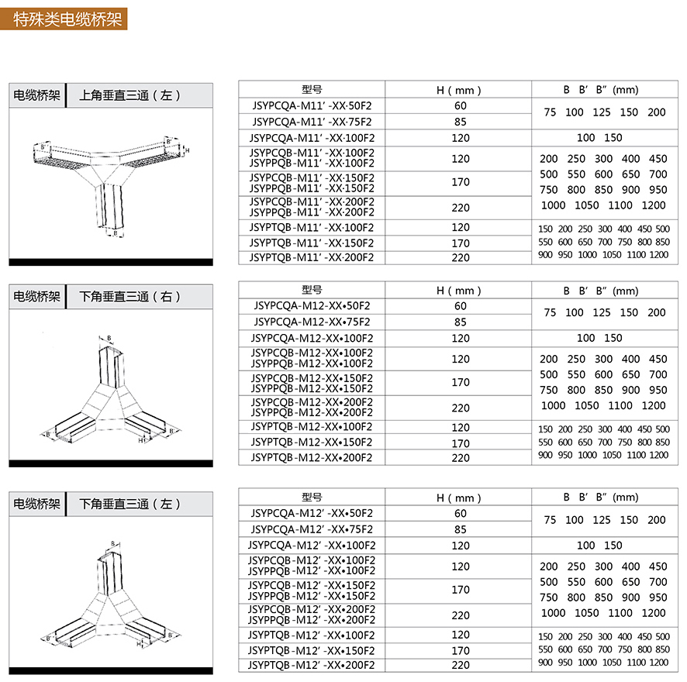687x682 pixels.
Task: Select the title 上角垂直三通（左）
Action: (130, 95)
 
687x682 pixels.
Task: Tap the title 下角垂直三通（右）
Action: (130, 296)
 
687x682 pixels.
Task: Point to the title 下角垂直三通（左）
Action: (130, 504)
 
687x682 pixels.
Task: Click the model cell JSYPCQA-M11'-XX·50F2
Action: (312, 105)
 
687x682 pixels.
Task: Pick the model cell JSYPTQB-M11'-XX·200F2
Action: (312, 257)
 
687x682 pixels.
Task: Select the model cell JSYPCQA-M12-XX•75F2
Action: (312, 322)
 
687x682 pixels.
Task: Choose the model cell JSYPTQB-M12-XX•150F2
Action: (312, 443)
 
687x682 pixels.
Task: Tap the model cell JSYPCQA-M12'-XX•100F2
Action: (312, 545)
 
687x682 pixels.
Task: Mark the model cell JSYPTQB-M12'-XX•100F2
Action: (312, 635)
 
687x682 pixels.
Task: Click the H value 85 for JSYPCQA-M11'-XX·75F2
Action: (461, 121)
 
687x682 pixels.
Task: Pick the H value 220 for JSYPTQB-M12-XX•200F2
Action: (461, 458)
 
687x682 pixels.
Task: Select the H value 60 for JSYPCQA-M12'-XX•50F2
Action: (461, 513)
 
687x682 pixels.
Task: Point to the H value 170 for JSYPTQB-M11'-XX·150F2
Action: (461, 243)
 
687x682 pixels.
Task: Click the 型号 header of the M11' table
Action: (312, 89)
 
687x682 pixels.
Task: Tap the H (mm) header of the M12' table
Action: (461, 498)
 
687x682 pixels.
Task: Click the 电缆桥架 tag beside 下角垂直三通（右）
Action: (36, 296)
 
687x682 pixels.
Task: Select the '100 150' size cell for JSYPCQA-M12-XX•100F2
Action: (600, 338)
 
